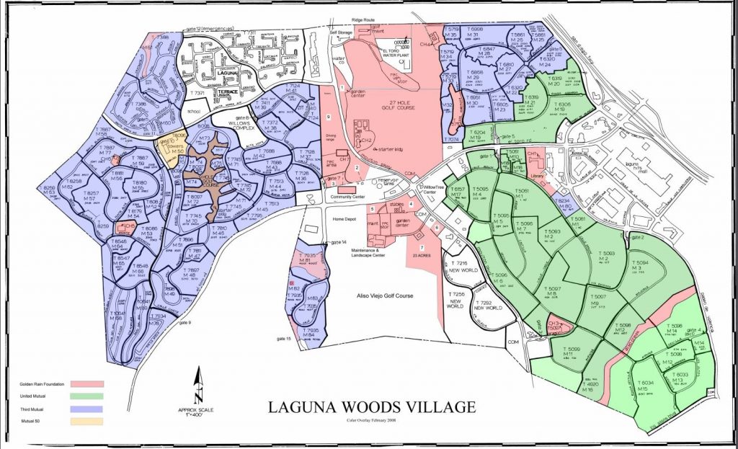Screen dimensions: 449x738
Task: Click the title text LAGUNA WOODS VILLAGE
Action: pos(371,407)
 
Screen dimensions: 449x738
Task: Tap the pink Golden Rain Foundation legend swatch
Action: pos(87,384)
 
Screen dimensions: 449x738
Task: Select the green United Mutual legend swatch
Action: pos(87,396)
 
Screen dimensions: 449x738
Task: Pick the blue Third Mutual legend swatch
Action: pos(87,409)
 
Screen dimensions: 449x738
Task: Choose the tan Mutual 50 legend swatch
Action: pos(87,421)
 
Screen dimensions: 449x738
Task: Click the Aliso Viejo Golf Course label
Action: pos(381,296)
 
